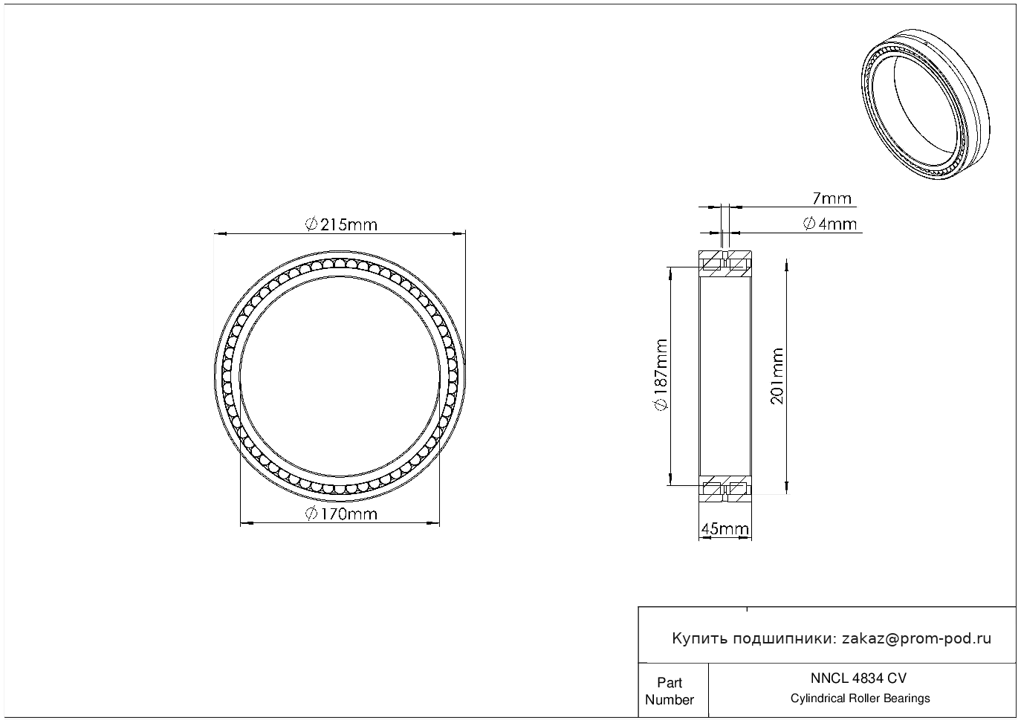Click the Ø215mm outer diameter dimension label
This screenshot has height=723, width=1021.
point(341,224)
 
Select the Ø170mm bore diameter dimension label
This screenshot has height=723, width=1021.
point(341,514)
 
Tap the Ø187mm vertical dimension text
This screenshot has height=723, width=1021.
point(661,375)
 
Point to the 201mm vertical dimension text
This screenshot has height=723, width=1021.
point(777,376)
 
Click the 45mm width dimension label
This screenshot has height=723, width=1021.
point(725,529)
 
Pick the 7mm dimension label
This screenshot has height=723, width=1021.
point(832,198)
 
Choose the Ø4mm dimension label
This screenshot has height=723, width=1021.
point(830,224)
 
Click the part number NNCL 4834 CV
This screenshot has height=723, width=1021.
point(859,678)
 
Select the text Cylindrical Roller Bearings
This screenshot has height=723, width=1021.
point(860,698)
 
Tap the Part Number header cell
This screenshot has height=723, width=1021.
point(670,691)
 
